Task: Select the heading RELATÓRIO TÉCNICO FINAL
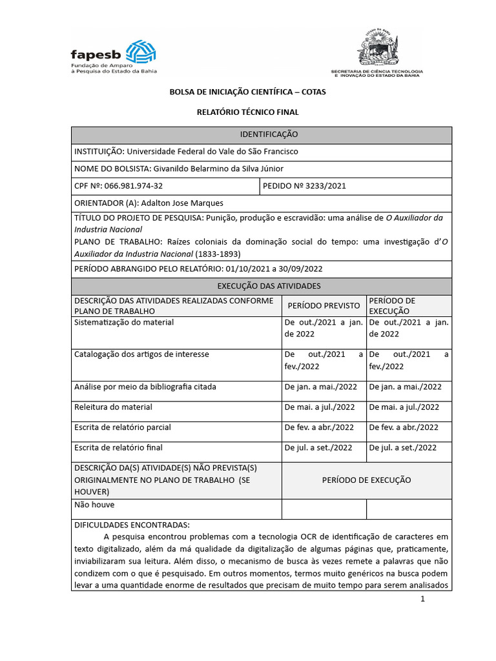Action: click(247, 112)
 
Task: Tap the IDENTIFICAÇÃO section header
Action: click(260, 135)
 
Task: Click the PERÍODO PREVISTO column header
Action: click(324, 305)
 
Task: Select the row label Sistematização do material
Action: click(124, 322)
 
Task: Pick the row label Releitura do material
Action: click(114, 407)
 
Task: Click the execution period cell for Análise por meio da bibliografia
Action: click(405, 387)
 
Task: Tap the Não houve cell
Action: click(94, 505)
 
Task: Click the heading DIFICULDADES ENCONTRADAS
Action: click(132, 525)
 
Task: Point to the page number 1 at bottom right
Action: click(422, 599)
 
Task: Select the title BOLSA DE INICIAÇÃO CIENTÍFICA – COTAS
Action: click(247, 92)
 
